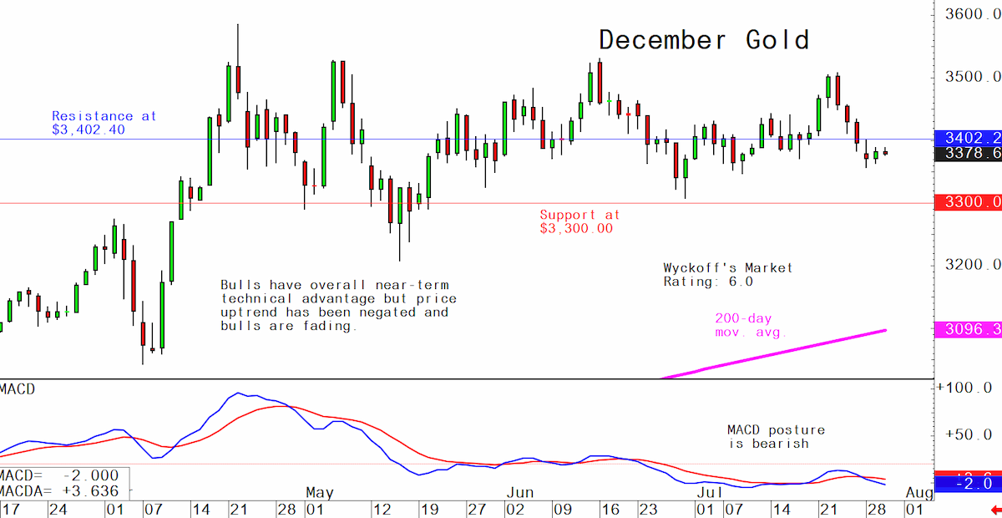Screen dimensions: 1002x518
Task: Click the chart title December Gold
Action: click(x=704, y=40)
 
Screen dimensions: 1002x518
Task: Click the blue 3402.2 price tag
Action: click(x=969, y=138)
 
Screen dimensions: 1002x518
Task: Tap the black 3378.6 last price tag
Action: click(x=969, y=154)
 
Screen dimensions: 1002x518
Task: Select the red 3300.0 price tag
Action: click(x=969, y=202)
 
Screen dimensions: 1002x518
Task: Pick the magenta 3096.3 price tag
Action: click(x=969, y=329)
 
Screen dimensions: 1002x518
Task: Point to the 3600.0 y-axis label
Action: click(x=973, y=14)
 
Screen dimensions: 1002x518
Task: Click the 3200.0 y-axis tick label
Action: click(x=973, y=265)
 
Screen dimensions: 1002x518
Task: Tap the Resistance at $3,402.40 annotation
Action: click(x=104, y=123)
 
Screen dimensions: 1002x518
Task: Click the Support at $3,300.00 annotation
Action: click(x=579, y=221)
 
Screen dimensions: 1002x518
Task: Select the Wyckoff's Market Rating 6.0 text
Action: click(x=728, y=275)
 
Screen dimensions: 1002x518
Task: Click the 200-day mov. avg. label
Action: click(x=750, y=326)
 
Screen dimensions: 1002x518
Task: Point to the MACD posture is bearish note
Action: click(x=776, y=437)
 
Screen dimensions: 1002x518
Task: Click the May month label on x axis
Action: click(x=320, y=493)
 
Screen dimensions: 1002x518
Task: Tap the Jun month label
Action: click(x=520, y=493)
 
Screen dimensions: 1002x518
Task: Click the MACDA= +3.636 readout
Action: click(x=59, y=491)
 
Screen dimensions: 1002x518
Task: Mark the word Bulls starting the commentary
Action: click(x=240, y=285)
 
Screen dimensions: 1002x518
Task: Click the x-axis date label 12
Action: click(x=382, y=510)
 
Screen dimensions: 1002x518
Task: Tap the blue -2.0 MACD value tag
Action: click(x=969, y=484)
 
